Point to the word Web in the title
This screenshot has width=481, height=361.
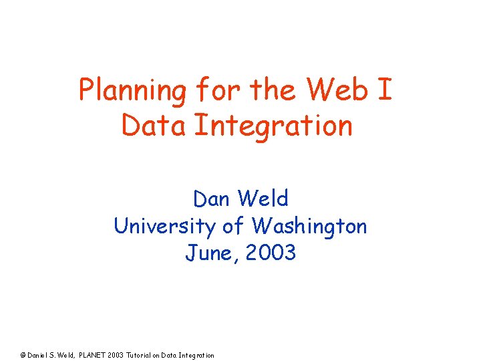329,90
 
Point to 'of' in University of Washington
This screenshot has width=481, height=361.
234,226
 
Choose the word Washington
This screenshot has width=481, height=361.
309,226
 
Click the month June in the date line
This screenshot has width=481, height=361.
208,253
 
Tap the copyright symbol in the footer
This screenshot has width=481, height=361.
23,355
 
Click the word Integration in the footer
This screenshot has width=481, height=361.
197,355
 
